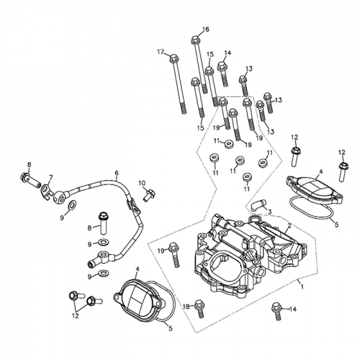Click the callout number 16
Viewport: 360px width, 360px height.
[205, 30]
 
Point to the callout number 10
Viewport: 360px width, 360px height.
[143, 183]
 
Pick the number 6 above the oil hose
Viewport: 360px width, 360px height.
[116, 174]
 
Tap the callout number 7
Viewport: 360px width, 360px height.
[50, 177]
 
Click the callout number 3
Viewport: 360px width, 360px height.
[269, 212]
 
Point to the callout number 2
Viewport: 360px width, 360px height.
[289, 225]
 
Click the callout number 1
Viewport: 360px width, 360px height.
[302, 286]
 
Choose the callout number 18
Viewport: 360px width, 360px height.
[185, 307]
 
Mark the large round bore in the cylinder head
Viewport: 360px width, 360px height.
[217, 269]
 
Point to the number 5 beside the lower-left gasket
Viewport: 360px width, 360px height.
[170, 329]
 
